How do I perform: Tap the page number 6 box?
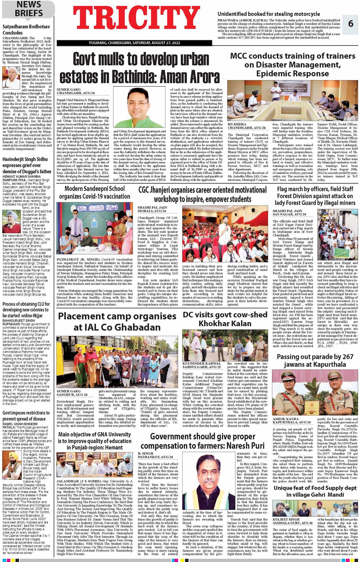click(x=350, y=23)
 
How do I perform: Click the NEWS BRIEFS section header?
click(x=29, y=9)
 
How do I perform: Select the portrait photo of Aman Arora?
click(x=139, y=107)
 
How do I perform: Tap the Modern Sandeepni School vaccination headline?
click(x=94, y=193)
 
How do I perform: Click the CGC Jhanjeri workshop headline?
click(x=202, y=194)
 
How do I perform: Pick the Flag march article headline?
click(x=315, y=196)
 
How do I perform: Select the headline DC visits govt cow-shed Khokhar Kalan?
click(x=225, y=319)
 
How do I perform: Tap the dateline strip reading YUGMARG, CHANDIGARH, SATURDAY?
click(x=134, y=43)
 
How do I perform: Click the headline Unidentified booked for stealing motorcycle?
click(x=269, y=14)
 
